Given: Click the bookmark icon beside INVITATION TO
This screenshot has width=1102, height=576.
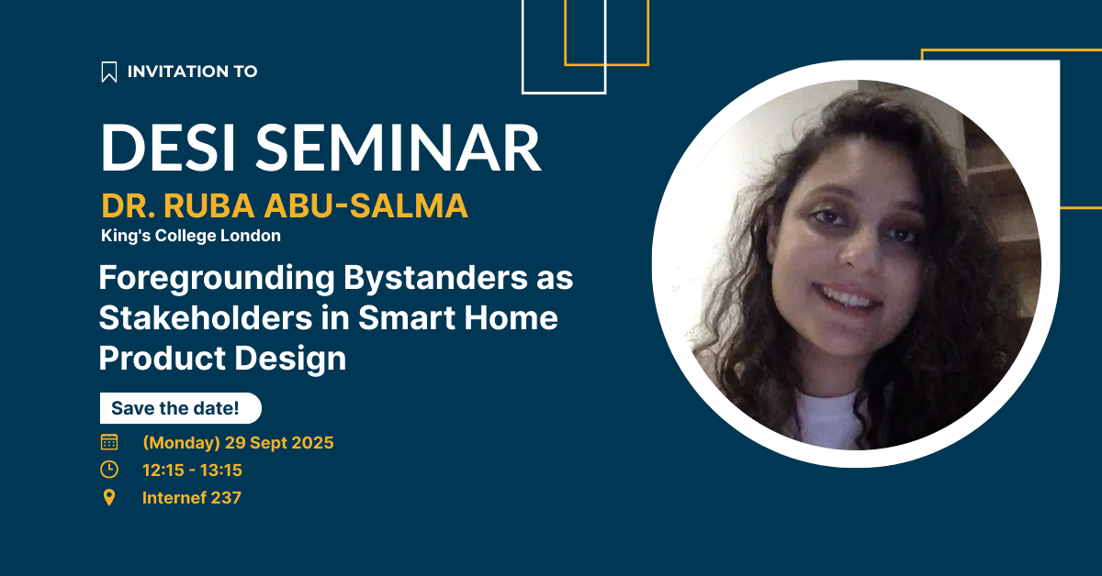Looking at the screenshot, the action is coord(109,72).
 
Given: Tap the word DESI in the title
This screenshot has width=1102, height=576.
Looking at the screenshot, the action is coord(167,148).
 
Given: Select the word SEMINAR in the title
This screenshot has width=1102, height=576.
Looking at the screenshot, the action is coord(399,148).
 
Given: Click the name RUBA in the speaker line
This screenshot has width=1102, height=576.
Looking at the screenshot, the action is coord(209,205).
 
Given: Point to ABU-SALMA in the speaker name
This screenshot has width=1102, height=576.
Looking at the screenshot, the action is coord(366,205).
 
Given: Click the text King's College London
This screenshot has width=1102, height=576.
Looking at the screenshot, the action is coord(191,236).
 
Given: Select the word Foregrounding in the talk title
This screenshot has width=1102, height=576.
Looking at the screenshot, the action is coord(217,279).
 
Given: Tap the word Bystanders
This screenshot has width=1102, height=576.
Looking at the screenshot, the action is coord(435,278).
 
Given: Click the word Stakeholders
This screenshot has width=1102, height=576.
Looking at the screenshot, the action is coord(206,317).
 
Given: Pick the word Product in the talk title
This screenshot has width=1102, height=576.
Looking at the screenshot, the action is coord(162,358).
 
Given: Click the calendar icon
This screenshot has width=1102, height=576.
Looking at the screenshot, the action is coord(109,442).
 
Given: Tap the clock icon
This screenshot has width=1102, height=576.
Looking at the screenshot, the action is coord(109,470).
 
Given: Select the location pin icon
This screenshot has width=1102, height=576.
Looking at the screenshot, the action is coord(109,497).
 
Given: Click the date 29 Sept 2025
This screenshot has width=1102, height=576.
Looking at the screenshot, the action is coord(279,443).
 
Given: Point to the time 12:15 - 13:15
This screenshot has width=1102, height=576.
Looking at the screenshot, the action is coord(192,471).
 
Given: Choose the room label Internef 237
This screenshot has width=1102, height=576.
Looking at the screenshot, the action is coord(192,498).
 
